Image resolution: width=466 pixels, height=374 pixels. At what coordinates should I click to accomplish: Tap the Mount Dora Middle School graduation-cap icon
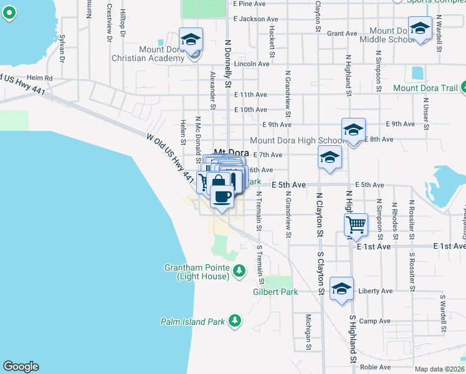click(x=420, y=28)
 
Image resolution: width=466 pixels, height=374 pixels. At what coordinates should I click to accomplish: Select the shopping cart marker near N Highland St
click(x=356, y=223)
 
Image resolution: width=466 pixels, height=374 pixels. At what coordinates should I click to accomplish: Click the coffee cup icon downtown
click(x=222, y=196)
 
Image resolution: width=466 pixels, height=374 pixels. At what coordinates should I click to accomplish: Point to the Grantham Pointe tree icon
click(x=237, y=270)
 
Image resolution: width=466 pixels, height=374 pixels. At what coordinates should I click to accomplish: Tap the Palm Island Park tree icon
click(x=234, y=320)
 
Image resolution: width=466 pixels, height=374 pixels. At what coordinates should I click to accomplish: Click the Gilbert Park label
click(x=275, y=292)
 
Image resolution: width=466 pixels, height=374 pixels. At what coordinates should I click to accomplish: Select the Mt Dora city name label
click(x=231, y=152)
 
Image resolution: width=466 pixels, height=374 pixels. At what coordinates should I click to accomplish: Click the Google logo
click(x=21, y=367)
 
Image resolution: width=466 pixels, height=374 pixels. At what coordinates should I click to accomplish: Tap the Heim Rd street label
click(x=40, y=77)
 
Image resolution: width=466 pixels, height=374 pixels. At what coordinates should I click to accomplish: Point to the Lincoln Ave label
click(x=252, y=64)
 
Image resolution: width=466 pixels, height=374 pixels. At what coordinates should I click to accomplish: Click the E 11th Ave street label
click(x=250, y=94)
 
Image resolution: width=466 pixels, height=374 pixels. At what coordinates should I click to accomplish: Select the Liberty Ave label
click(x=376, y=291)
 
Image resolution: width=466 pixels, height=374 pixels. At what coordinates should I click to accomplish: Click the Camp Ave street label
click(x=375, y=321)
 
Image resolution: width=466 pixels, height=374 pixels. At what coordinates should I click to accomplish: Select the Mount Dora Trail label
click(x=426, y=88)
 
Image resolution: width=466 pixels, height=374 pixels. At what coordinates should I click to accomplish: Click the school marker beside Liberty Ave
click(x=341, y=289)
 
